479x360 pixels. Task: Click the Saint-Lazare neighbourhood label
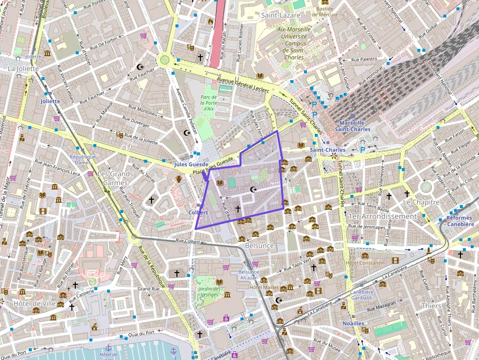(x=280, y=15)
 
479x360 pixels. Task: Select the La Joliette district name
(x=23, y=68)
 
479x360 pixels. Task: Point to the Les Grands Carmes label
(x=115, y=178)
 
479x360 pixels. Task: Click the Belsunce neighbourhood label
(x=260, y=246)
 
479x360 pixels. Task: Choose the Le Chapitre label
(x=421, y=202)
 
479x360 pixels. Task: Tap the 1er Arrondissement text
(x=382, y=216)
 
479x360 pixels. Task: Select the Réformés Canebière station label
(x=460, y=221)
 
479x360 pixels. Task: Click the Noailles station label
(x=353, y=323)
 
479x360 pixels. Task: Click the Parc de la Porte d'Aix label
(x=208, y=103)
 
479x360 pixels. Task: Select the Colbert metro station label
(x=198, y=212)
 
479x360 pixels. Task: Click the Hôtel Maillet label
(x=263, y=287)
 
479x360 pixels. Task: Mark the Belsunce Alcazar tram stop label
(x=248, y=275)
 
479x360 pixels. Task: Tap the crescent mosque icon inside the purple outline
(x=253, y=189)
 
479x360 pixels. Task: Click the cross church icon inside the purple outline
(x=238, y=209)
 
